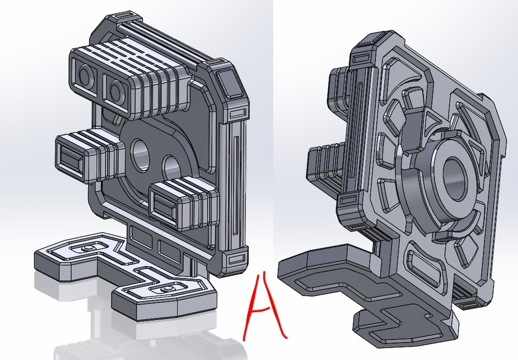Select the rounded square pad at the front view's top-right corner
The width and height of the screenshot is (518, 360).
pyautogui.click(x=230, y=82)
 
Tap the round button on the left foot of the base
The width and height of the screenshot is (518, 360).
pyautogui.click(x=88, y=248)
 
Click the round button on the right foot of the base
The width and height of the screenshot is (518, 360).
pyautogui.click(x=164, y=290)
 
